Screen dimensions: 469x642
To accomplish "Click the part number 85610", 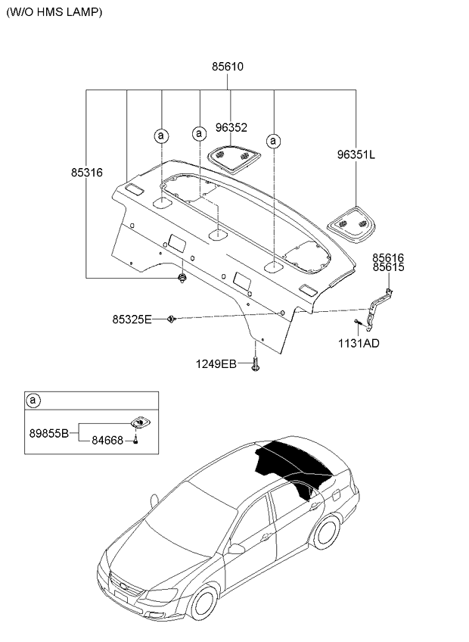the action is point(228,67).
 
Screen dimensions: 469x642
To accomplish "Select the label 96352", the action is point(231,128).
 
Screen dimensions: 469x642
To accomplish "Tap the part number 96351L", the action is point(356,154).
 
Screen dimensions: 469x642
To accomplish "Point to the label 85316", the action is point(87,173).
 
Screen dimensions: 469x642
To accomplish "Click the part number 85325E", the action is point(132,319).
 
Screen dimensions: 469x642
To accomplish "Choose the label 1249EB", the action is point(216,364).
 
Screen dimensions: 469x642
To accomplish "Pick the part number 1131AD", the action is point(359,344).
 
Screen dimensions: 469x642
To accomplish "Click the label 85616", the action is point(388,258).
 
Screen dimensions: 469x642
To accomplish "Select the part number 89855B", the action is point(48,433).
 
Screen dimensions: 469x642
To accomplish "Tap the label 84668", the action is point(107,441).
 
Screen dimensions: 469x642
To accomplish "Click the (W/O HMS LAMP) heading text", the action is point(54,12).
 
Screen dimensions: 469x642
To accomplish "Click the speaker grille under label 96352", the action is point(234,159).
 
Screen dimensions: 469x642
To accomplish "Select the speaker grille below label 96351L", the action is point(351,225).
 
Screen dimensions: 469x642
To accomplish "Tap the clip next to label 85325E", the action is point(171,319).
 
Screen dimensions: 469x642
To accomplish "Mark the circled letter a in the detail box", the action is point(33,400).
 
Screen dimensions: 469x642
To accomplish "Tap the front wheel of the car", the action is point(203,603).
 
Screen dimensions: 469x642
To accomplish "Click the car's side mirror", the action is point(236,549).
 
